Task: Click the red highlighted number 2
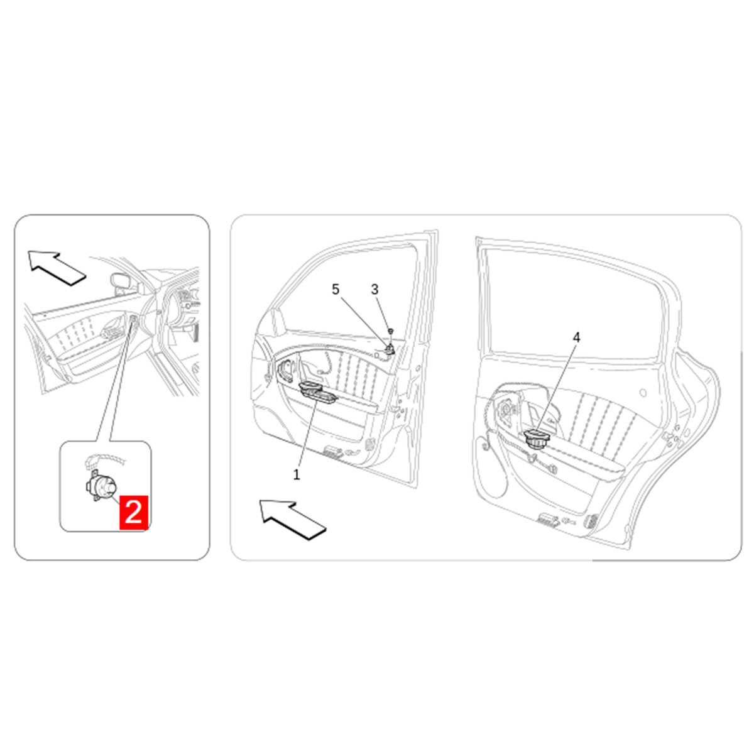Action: tap(133, 512)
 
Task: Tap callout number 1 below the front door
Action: tap(296, 474)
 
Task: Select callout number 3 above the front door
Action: tap(374, 290)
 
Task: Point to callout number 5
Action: tap(336, 290)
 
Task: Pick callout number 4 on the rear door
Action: tap(576, 337)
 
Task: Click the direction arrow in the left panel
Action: tap(57, 268)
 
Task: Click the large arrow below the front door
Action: tap(292, 520)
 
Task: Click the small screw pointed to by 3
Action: tap(390, 331)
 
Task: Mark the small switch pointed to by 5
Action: tap(390, 348)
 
